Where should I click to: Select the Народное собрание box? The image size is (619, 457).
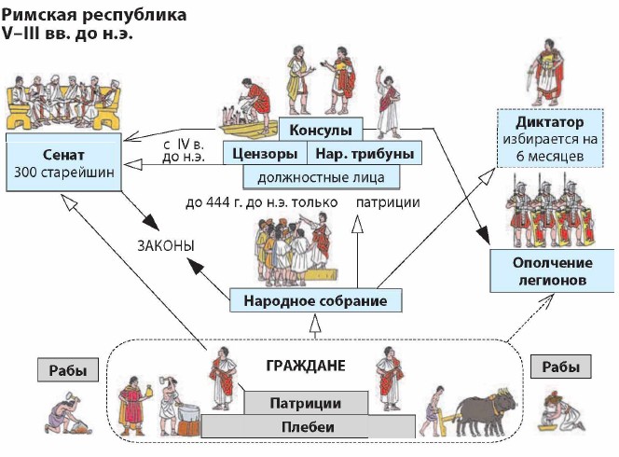[x=315, y=300]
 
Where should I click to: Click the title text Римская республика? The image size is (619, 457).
[x=72, y=17]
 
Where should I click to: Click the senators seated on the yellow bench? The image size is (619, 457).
[x=63, y=100]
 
